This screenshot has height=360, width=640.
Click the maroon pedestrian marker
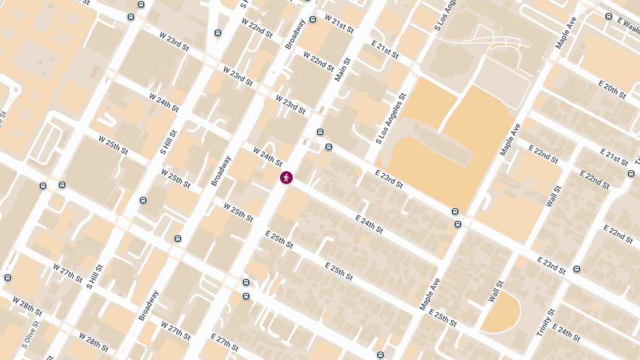pos(286,178)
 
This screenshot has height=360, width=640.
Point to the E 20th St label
pos(612,90)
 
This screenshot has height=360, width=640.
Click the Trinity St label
pos(546,322)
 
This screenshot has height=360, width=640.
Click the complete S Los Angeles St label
pos(391,118)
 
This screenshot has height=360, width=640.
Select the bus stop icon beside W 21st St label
pos(313,20)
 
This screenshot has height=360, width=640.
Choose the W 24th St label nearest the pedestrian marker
pos(268,157)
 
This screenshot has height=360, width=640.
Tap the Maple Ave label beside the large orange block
pos(510,140)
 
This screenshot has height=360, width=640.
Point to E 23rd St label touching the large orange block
pos(389,179)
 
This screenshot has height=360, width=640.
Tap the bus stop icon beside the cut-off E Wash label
pos(609,16)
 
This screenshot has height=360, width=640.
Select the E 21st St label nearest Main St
pos(384,50)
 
